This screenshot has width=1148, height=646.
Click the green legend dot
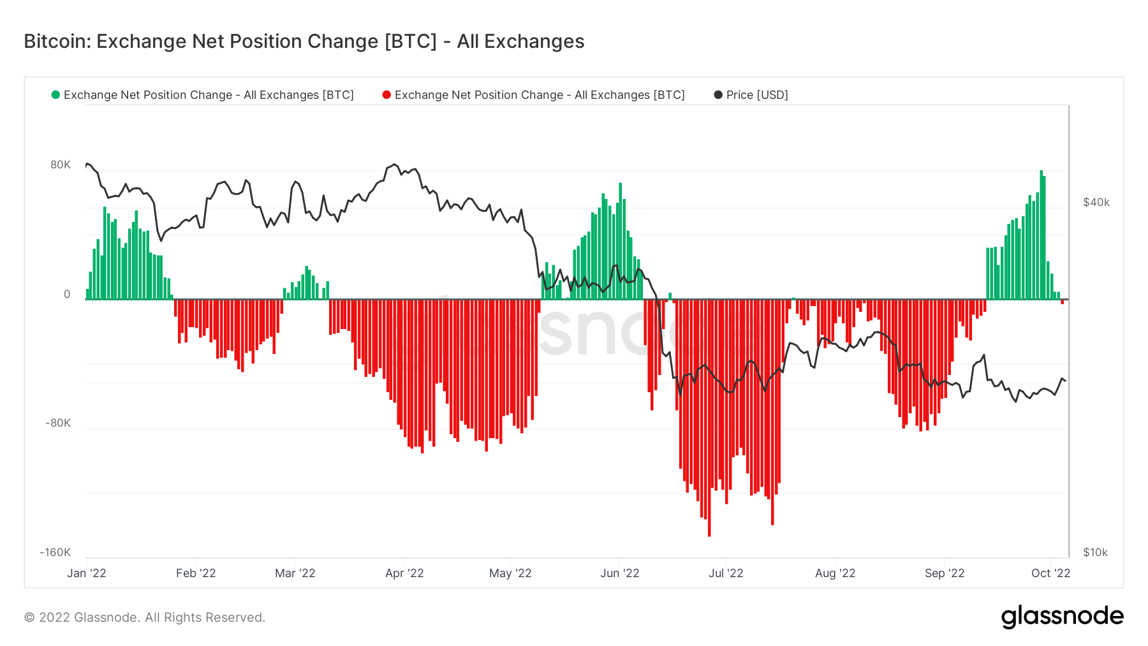click(x=55, y=95)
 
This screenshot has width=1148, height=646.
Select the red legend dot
click(x=386, y=95)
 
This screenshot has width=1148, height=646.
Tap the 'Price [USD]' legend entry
click(x=756, y=95)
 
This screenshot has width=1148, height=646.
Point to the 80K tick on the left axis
click(x=61, y=165)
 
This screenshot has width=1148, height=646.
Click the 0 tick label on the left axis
click(x=67, y=294)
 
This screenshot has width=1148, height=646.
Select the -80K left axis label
click(x=58, y=423)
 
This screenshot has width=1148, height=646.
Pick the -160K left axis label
click(x=55, y=552)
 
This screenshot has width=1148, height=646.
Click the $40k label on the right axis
click(x=1096, y=202)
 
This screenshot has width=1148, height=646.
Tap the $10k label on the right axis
click(x=1095, y=552)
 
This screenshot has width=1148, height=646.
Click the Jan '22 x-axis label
click(x=87, y=573)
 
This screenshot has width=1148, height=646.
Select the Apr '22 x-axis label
click(x=404, y=573)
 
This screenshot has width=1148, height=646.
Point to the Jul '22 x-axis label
click(x=726, y=573)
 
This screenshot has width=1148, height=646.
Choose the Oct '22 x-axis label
click(x=1050, y=573)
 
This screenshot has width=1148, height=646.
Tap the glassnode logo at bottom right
click(x=1062, y=617)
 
